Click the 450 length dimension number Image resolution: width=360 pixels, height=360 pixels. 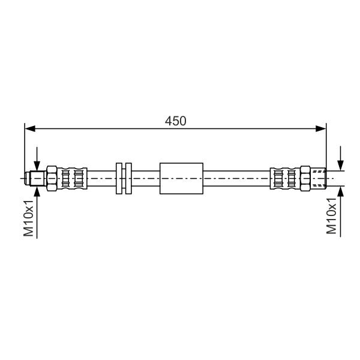point(176,121)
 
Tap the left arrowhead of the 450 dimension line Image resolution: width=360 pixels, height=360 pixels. point(30,128)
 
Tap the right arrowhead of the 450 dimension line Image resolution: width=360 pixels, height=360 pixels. point(321,128)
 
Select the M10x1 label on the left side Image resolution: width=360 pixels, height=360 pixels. point(28,218)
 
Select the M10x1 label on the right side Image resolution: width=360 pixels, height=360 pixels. point(332,216)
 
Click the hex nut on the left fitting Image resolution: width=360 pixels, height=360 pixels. point(52,178)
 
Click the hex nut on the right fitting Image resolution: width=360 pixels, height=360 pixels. point(305,178)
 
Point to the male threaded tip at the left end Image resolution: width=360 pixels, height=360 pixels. point(35,178)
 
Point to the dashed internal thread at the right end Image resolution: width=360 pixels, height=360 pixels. point(318,178)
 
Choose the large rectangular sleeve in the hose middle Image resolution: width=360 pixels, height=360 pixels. point(181,178)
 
